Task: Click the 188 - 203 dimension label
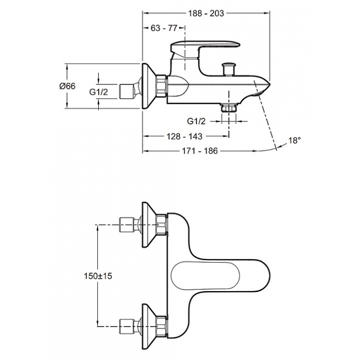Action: click(x=206, y=13)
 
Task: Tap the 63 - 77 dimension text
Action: click(x=164, y=28)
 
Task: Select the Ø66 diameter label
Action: click(x=67, y=86)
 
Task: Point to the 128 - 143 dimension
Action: click(x=185, y=136)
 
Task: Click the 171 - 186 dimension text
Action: click(x=200, y=151)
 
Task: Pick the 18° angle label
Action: click(x=294, y=140)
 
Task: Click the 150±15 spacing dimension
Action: click(x=98, y=276)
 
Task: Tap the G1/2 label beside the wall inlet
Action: click(x=99, y=92)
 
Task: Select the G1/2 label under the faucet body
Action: click(x=196, y=121)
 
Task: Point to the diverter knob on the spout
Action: click(x=229, y=68)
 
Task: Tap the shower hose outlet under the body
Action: click(x=229, y=107)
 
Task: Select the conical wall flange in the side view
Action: click(x=149, y=86)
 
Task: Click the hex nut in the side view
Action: click(x=161, y=86)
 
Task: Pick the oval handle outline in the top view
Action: click(x=206, y=276)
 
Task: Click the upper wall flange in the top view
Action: click(x=149, y=225)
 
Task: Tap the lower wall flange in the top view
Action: click(x=149, y=327)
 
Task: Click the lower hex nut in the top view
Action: click(x=161, y=327)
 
